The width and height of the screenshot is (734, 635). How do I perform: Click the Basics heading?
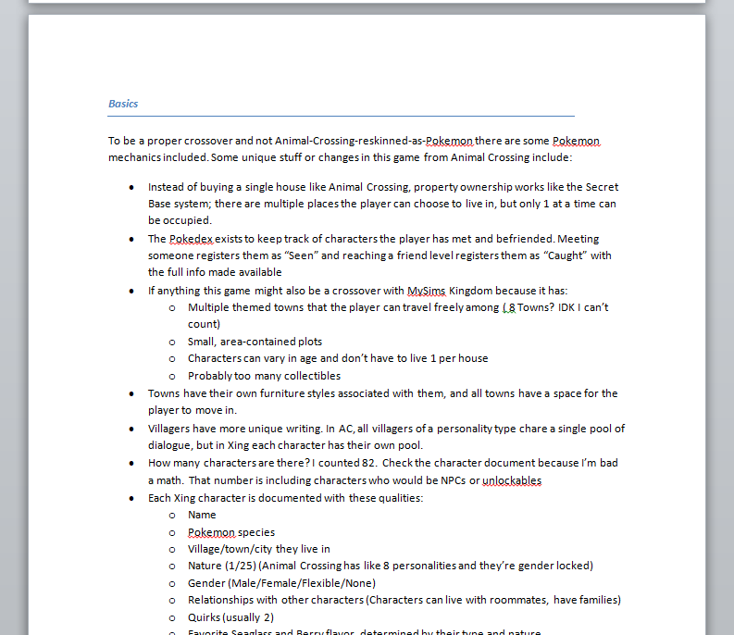(x=123, y=104)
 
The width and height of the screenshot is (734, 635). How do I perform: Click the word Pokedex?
(x=191, y=239)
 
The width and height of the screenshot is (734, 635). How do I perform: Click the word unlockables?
(x=512, y=480)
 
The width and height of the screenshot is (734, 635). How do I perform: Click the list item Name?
(x=202, y=515)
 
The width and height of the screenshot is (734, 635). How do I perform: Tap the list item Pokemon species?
(x=230, y=532)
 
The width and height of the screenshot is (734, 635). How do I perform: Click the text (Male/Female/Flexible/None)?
(x=303, y=583)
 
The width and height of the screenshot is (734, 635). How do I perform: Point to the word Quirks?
(x=205, y=617)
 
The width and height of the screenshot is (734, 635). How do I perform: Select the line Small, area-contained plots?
(x=255, y=342)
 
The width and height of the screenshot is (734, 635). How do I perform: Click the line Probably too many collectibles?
(x=264, y=376)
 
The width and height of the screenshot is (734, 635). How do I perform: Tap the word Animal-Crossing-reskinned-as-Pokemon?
(x=374, y=141)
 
